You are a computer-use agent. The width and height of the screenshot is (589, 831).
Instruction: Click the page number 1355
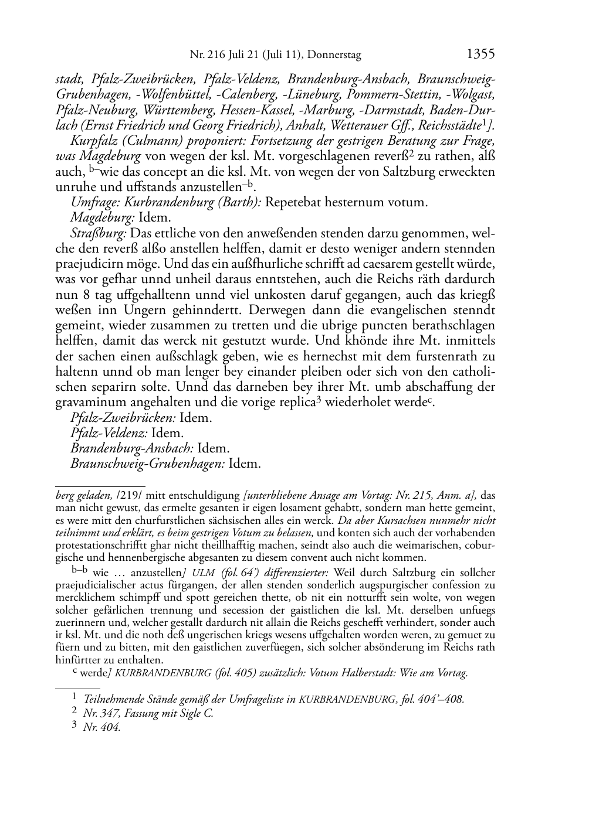click(x=480, y=55)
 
